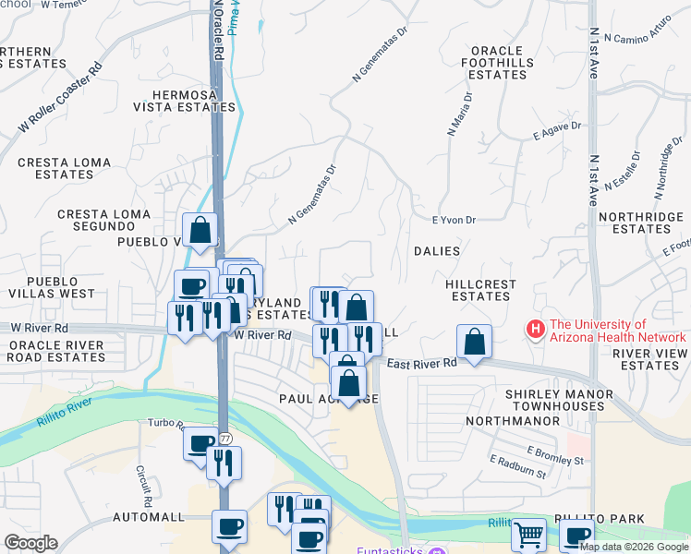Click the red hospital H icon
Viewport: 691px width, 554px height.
[x=534, y=328]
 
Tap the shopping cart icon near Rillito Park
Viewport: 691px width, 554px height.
[x=527, y=534]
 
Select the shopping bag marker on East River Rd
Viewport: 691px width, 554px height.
[x=474, y=342]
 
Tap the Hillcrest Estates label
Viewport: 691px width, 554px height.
[x=478, y=290]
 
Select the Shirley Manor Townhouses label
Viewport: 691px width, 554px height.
[x=558, y=401]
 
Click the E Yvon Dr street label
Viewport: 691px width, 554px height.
[x=454, y=220]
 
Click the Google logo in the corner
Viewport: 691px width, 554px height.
[x=30, y=543]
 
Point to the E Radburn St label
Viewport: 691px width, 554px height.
[x=518, y=466]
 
